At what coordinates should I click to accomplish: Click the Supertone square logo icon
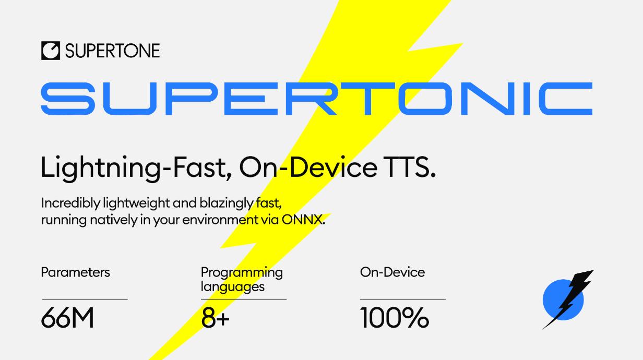(x=51, y=51)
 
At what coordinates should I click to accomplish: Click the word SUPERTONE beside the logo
(x=112, y=51)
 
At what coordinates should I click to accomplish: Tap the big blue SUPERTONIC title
(x=317, y=99)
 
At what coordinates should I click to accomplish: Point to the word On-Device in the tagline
(x=308, y=167)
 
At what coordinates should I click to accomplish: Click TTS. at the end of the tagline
(x=411, y=167)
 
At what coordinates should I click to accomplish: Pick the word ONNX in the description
(x=303, y=220)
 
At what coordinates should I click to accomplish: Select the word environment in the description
(x=220, y=220)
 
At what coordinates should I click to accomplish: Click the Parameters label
(x=76, y=272)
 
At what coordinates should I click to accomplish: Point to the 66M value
(x=67, y=318)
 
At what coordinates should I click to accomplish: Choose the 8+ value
(x=215, y=318)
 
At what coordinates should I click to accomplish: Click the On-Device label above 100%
(x=392, y=272)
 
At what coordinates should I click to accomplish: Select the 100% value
(x=395, y=318)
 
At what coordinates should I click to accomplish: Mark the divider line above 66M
(x=85, y=299)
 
